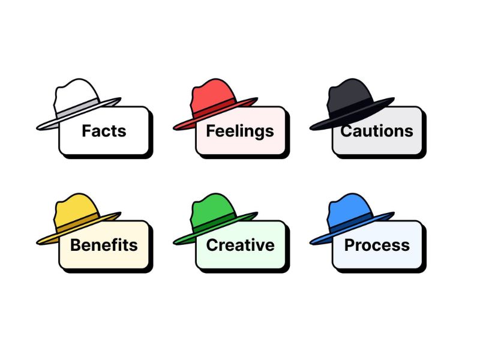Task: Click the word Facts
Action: pos(104,131)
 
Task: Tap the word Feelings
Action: pos(240,131)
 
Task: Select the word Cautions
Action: pos(377,131)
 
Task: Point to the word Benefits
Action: pos(104,245)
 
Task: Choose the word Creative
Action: pos(241,245)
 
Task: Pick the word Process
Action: pos(377,245)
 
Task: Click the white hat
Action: pos(79,104)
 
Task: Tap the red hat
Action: pos(215,104)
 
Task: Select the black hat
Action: pos(352,104)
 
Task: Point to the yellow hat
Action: pos(79,218)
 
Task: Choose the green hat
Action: pos(215,218)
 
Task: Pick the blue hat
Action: pos(352,218)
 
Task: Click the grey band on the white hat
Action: pos(79,108)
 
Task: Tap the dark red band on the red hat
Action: pos(215,108)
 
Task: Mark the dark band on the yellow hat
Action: pos(79,223)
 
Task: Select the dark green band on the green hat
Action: pos(215,223)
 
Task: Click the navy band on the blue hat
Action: pos(352,223)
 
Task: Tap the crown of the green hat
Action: pos(214,210)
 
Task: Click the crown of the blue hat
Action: pos(350,210)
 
